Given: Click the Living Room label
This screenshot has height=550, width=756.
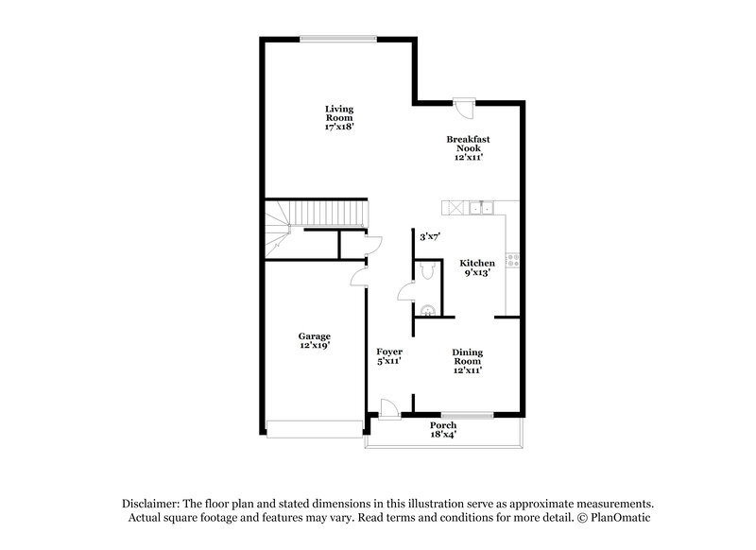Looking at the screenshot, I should (339, 117).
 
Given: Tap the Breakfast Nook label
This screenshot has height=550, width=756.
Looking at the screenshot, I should (468, 148).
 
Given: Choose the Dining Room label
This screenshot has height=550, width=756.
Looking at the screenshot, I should (467, 361).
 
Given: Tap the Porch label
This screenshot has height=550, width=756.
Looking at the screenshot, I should (444, 431).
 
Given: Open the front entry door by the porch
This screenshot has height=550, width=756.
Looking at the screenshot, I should (388, 407).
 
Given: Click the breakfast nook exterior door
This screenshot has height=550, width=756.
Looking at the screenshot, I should (463, 108).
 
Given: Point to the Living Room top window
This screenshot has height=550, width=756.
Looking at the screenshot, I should (337, 39).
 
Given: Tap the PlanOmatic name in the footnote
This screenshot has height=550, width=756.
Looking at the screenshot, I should (620, 518).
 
